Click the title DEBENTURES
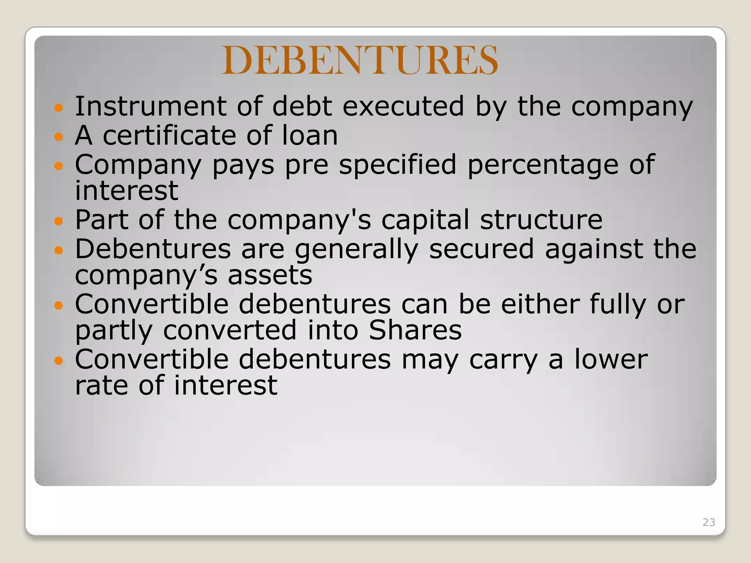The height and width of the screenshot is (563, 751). coord(360,60)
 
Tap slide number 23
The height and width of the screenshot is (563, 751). coord(708,522)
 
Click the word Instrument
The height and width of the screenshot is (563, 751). coord(151,106)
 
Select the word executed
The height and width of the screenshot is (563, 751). coord(403,106)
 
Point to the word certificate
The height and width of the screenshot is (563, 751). coord(169,135)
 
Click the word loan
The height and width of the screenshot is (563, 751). coord(309,135)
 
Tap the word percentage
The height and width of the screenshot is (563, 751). coord(543,165)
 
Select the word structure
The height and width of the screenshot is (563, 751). coord(541,220)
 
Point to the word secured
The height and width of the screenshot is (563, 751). coord(481,249)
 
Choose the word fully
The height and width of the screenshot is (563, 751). coord(618,305)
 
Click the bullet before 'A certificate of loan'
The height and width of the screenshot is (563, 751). coord(59,137)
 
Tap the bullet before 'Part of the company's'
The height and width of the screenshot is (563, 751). coord(59,221)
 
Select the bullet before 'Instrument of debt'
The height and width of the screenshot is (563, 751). coord(59,108)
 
